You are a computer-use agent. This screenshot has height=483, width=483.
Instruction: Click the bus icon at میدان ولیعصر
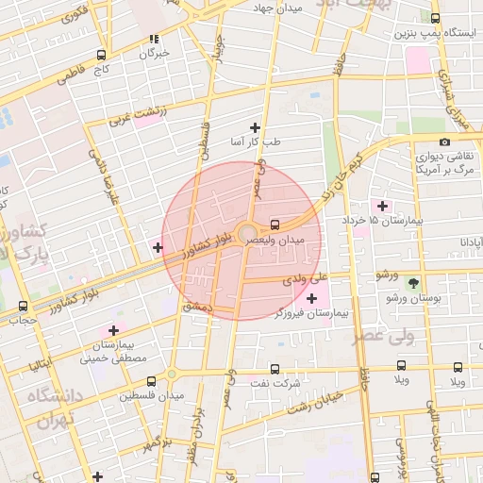pos(275,225)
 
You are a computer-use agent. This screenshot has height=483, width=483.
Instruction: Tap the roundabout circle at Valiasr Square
pos(247,232)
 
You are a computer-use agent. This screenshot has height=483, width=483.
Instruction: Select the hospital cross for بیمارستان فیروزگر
pos(312,298)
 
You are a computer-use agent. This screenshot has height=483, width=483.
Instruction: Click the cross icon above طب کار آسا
pos(254,127)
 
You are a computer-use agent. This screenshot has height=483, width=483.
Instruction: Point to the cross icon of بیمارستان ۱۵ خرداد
pos(382,206)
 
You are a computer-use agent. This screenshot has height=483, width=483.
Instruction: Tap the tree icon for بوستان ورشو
pos(412,282)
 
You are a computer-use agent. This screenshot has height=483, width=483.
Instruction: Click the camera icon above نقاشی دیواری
pos(444,142)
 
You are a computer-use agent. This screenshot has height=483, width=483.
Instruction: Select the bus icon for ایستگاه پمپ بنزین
pos(435,18)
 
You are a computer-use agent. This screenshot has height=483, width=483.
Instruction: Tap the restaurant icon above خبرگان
pos(154,40)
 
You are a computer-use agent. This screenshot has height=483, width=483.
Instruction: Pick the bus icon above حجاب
pos(23,306)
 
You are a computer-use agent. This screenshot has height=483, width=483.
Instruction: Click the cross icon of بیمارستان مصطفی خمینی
pos(114,330)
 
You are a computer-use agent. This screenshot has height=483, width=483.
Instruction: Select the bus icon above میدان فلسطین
pos(152,381)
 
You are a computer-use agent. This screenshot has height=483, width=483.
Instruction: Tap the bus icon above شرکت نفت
pos(275,369)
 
